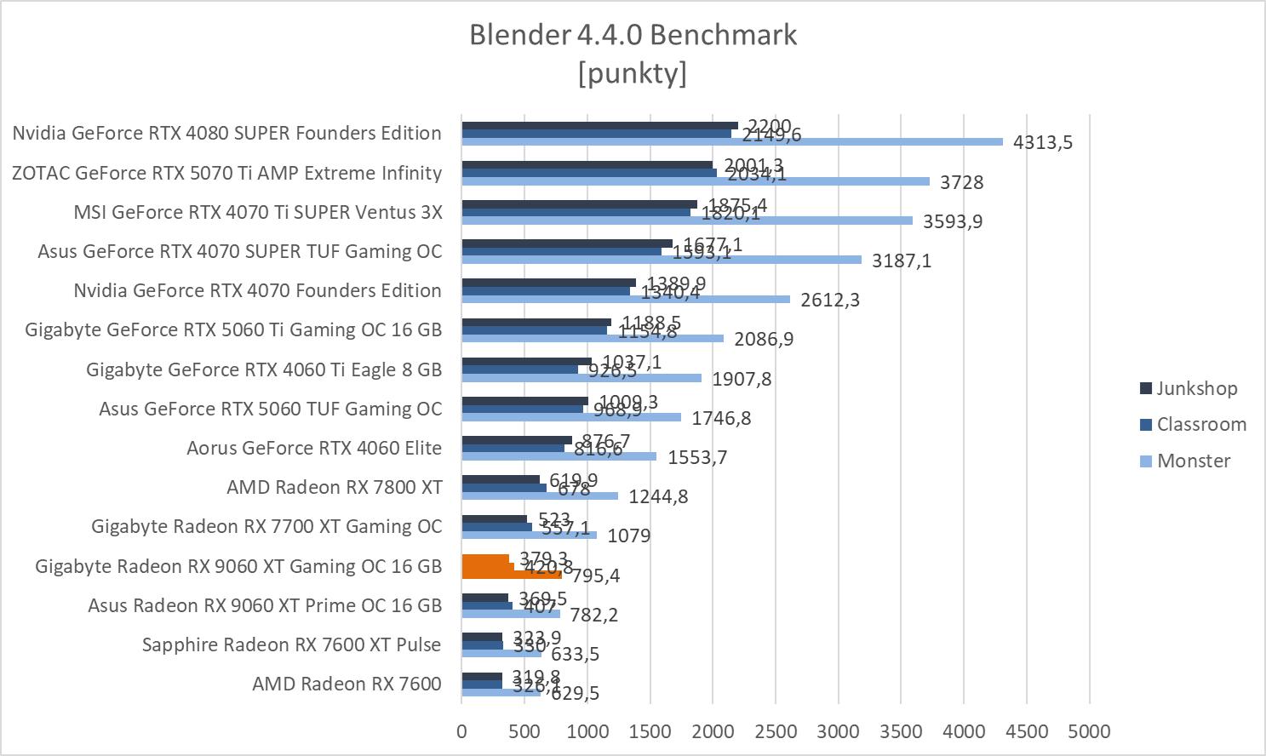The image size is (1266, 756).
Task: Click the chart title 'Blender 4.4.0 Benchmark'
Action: click(633, 35)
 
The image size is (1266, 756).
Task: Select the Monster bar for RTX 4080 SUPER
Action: click(732, 141)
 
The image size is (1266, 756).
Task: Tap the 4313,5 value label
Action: click(1042, 142)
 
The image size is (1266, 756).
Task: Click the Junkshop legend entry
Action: click(1196, 388)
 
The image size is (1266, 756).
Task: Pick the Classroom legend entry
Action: click(1200, 424)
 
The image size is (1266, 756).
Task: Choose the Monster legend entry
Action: click(1193, 461)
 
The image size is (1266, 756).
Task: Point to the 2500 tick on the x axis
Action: click(776, 731)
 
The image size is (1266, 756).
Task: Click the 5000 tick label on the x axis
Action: click(1089, 731)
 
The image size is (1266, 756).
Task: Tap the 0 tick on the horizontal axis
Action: click(461, 731)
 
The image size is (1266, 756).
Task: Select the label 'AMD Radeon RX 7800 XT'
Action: click(335, 487)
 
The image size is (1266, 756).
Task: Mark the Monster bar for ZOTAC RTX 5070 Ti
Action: click(696, 181)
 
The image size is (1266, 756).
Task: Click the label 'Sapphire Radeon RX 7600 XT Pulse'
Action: click(292, 644)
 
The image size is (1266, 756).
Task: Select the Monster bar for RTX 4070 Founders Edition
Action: click(626, 299)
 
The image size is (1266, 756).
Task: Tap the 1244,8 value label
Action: click(658, 496)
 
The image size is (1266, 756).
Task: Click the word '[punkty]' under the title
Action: click(633, 73)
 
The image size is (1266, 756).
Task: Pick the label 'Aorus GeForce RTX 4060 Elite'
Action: click(314, 448)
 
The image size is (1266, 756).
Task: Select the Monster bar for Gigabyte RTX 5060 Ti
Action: click(593, 338)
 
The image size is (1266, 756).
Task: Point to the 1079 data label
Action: click(629, 535)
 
